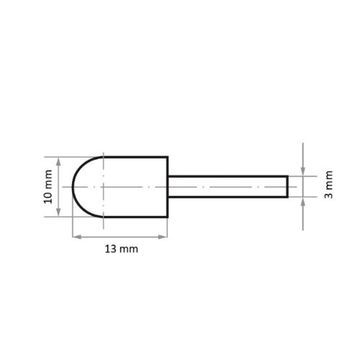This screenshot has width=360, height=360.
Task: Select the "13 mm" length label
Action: (x=120, y=249)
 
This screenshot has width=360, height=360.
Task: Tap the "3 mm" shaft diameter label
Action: (x=328, y=186)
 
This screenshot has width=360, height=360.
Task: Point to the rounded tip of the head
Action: (x=73, y=187)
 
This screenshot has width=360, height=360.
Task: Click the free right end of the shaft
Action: (x=287, y=187)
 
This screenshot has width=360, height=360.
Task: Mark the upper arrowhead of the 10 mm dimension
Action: (x=58, y=160)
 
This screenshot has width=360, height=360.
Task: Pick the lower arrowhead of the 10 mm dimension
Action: (x=58, y=215)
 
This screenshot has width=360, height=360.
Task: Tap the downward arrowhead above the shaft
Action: (x=303, y=173)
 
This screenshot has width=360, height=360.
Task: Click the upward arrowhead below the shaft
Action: (x=303, y=202)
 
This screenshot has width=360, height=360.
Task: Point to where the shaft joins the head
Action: (x=168, y=187)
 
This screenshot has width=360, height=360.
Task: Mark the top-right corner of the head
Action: (x=168, y=156)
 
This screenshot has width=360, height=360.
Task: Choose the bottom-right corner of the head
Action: (x=168, y=218)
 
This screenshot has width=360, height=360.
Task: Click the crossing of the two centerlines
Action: (x=104, y=187)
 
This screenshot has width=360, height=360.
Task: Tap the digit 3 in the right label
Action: (x=328, y=196)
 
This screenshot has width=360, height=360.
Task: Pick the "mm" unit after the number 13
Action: (x=128, y=249)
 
